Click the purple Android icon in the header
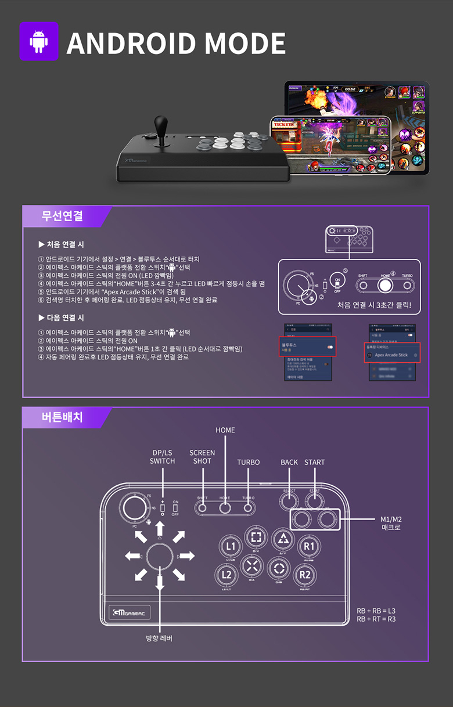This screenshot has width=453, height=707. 39,41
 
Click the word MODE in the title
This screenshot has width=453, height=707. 245,43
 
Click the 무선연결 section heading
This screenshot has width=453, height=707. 62,216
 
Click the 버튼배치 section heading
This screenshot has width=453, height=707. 62,417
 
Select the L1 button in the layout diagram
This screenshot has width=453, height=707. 231,546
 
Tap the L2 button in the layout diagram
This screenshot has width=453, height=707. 228,575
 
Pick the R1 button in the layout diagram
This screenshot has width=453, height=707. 309,546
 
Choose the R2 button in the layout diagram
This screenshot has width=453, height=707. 305,575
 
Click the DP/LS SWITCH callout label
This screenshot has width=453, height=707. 162,457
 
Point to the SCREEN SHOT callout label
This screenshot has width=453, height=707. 202,457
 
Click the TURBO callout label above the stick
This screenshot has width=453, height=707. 248,462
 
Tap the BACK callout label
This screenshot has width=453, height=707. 289,462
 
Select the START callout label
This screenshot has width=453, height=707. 314,462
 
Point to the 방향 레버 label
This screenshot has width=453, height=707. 159,638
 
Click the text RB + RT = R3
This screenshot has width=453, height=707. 376,619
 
